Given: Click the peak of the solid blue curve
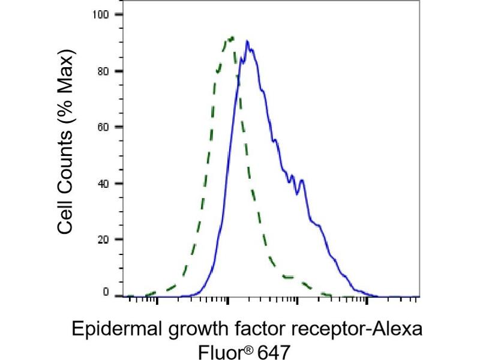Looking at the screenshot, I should pos(247,41).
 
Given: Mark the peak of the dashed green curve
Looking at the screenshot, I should pos(232,37).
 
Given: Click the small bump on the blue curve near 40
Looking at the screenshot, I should pos(302,180).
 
